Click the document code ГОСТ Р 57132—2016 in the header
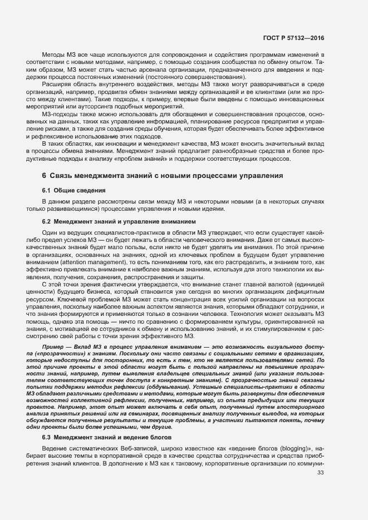[293, 38]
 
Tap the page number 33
[320, 473]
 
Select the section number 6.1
[47, 191]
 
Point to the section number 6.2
[47, 222]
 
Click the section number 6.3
[47, 438]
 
